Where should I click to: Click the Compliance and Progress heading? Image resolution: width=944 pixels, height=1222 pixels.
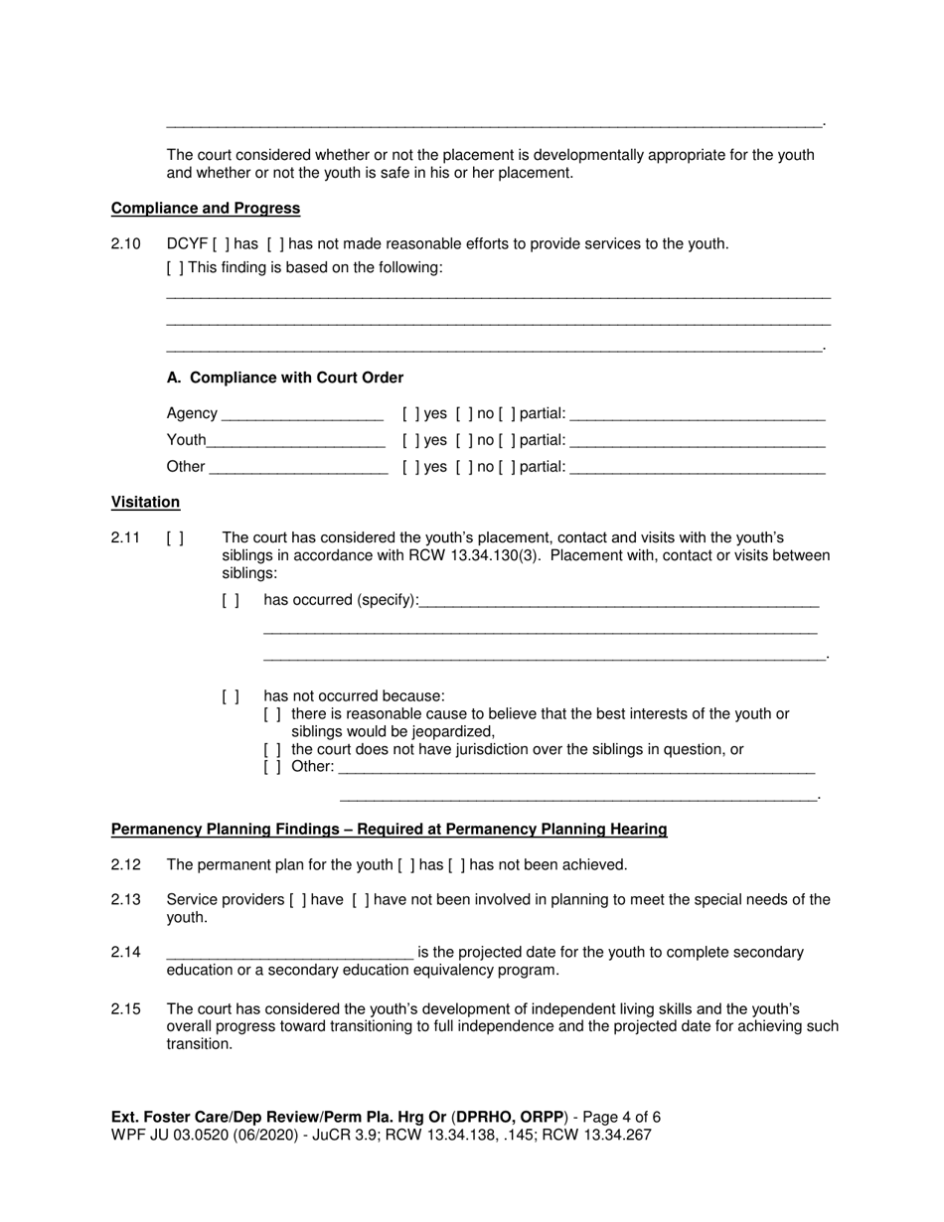point(206,209)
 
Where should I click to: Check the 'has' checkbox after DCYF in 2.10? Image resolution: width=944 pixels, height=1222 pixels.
point(221,244)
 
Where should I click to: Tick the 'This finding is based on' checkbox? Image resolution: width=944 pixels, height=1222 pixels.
point(175,268)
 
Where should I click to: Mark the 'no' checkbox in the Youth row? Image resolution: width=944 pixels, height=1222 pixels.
point(464,440)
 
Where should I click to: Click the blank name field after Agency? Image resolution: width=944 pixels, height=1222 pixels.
point(302,414)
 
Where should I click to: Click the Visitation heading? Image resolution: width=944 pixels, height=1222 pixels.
point(145,503)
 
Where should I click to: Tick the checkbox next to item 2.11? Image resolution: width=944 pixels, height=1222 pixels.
point(175,538)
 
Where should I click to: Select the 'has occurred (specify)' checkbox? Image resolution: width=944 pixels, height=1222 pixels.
point(231,600)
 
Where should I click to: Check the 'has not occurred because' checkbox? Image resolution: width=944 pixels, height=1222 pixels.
point(231,696)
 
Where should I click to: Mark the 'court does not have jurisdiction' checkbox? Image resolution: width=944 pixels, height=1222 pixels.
point(272,750)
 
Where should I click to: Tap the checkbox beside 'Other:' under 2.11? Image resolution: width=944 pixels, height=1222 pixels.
point(272,767)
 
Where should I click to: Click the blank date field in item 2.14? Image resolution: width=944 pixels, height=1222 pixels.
point(289,953)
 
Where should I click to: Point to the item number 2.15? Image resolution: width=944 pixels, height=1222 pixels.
point(126,1009)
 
